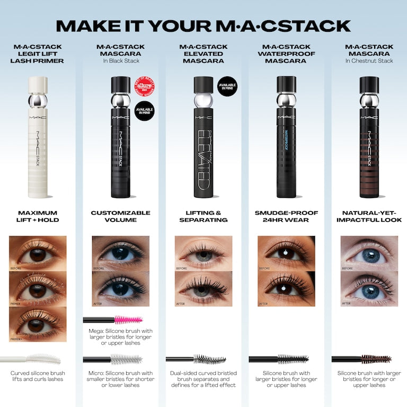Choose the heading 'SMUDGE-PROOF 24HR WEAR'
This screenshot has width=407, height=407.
point(286,216)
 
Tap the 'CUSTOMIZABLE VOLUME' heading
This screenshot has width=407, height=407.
point(120,216)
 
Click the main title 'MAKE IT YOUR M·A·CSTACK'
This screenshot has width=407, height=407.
point(203,25)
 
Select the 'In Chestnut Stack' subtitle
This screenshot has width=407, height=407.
point(369,61)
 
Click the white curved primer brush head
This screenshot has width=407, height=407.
point(43,359)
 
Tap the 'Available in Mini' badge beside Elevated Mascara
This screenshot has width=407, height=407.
point(227,86)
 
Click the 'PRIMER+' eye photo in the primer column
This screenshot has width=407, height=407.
point(38,324)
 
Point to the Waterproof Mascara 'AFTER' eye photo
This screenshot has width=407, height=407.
point(286,289)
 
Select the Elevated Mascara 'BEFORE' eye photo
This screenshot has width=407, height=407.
point(203,253)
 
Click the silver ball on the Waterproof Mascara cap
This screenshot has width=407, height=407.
point(286,101)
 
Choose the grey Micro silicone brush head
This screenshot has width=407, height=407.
point(126,359)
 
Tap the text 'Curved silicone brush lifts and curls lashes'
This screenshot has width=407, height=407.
point(38,376)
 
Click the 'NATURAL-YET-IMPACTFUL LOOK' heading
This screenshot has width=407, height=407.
point(369,216)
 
